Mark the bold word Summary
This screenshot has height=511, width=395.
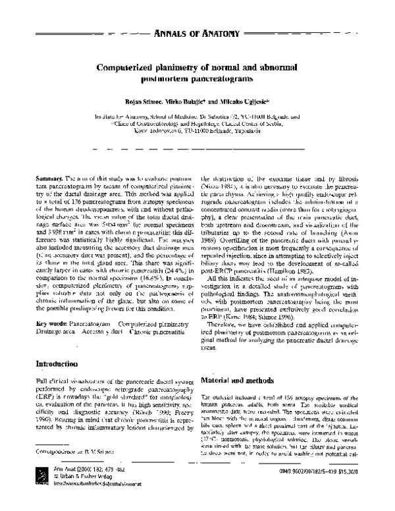click(x=49, y=179)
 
